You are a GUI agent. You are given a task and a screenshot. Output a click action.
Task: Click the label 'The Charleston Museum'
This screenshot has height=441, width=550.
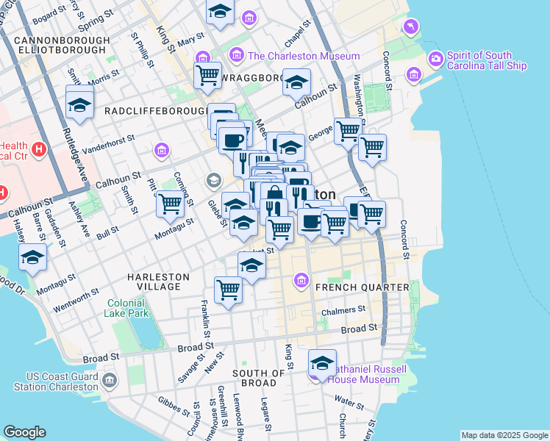click(304, 56)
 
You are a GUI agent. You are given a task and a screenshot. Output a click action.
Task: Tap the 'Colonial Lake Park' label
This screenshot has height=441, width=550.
click(130, 307)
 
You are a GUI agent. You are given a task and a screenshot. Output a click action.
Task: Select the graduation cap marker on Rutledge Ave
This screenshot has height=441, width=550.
click(79, 104)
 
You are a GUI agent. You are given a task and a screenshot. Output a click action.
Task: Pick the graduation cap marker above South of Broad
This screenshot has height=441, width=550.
click(322, 363)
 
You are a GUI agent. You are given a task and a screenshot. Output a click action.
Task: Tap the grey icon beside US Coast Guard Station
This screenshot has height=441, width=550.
click(110, 379)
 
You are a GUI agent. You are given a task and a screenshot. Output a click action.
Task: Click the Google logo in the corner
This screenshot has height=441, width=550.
click(24, 432)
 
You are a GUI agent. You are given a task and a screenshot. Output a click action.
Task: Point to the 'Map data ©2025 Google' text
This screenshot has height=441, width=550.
click(504, 435)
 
